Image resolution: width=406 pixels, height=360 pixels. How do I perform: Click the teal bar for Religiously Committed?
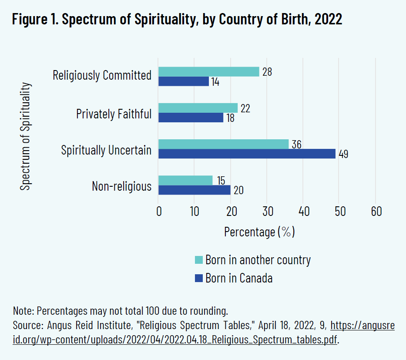(x=209, y=72)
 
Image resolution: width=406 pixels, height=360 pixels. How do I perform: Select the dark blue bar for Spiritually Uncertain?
(x=247, y=154)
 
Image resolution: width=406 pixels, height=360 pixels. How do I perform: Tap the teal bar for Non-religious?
(x=185, y=180)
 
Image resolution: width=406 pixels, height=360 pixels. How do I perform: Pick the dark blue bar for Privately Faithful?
(x=191, y=118)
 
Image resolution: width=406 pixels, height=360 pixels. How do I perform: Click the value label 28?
(x=267, y=72)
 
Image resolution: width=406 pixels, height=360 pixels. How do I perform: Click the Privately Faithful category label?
(x=114, y=114)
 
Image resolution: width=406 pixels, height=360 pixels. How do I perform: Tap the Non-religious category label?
(x=122, y=186)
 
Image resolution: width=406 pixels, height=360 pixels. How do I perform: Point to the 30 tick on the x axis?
(x=268, y=212)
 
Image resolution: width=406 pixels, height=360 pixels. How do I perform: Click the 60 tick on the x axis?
(x=376, y=212)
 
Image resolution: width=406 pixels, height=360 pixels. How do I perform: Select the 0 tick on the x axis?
(x=159, y=212)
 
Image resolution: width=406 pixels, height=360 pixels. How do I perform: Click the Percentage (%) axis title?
(x=259, y=232)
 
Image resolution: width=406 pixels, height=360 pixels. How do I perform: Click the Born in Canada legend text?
(x=239, y=278)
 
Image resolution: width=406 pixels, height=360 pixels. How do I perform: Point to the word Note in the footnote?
(x=23, y=311)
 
